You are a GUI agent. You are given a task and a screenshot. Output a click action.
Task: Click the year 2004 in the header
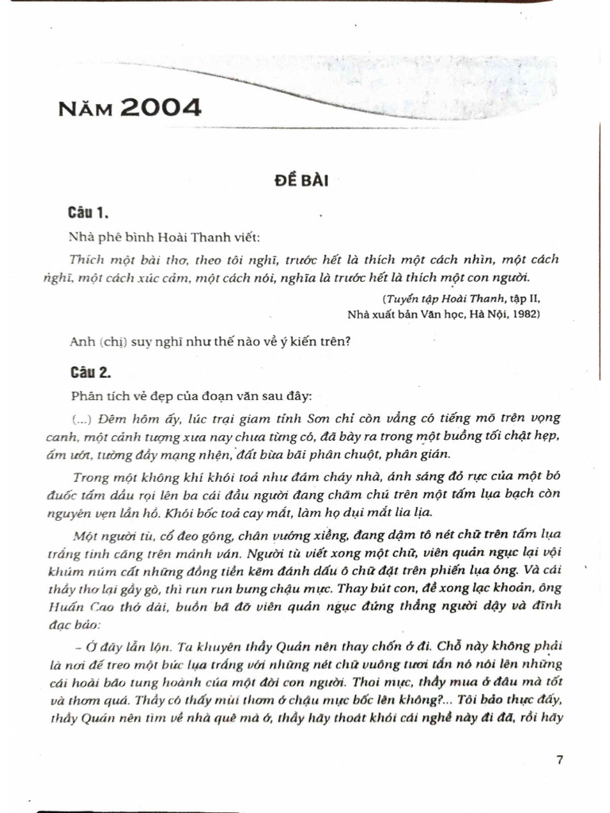tap(161, 107)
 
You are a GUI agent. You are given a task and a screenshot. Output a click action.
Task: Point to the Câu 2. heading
tap(88, 372)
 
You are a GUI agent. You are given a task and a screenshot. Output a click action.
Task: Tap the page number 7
tap(560, 759)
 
